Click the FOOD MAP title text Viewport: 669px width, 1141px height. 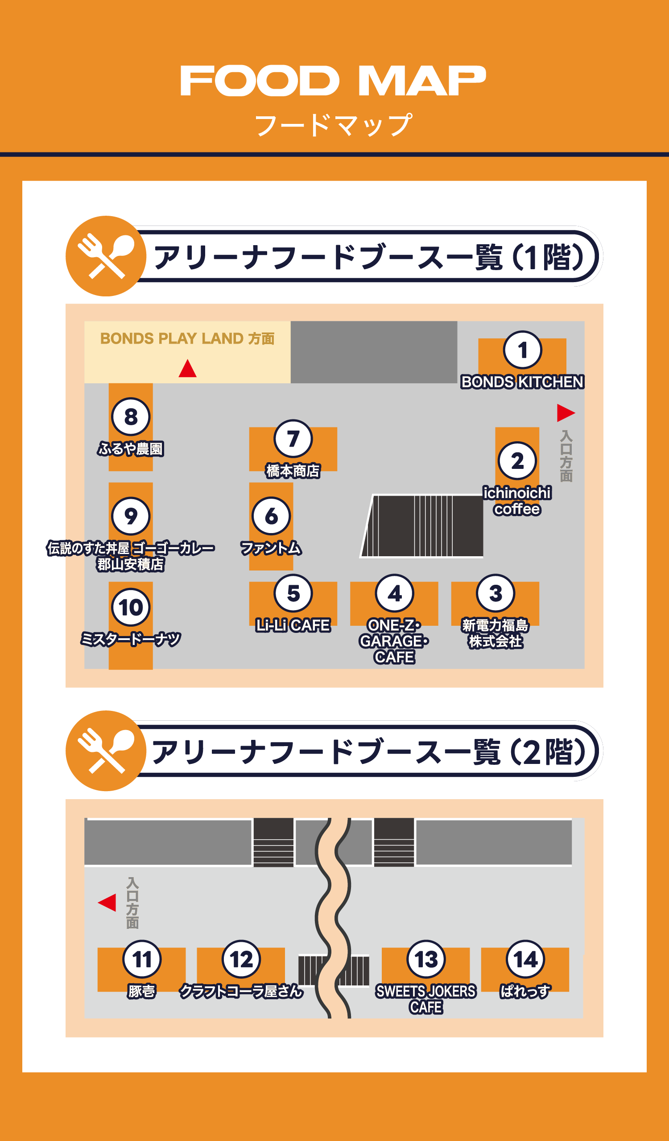tap(333, 81)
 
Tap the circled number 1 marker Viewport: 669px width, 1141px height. tap(522, 350)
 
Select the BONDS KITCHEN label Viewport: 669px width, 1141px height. tap(522, 382)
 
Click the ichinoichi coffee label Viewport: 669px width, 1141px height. tap(517, 501)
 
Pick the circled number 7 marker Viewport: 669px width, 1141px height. tap(293, 439)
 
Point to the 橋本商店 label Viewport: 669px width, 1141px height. tap(293, 471)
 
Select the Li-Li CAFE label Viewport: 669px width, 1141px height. tap(293, 625)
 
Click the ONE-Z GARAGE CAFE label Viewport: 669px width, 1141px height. tap(394, 641)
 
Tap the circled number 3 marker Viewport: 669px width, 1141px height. tap(495, 593)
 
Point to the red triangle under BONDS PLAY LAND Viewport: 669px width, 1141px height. tap(187, 369)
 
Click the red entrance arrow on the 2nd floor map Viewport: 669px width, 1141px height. tap(108, 903)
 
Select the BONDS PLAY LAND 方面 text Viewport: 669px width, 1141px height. tap(187, 339)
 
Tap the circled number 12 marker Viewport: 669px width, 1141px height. tap(241, 960)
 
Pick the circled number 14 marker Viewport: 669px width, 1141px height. tap(525, 960)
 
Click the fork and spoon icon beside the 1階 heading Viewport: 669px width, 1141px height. tap(106, 256)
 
